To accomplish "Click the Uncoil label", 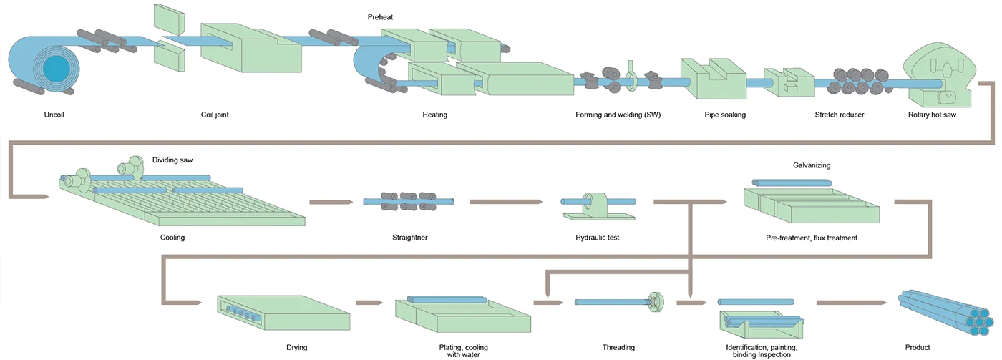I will (x=54, y=115).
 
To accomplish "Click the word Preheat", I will (x=380, y=16).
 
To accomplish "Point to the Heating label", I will (x=435, y=115).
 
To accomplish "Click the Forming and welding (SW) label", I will (x=618, y=115).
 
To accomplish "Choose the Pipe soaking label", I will (x=724, y=115).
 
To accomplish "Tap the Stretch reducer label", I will (x=840, y=115).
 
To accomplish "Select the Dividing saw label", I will (x=172, y=160).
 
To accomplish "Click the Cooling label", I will (x=172, y=238).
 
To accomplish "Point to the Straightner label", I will (x=410, y=238).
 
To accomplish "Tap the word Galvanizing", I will (x=812, y=165).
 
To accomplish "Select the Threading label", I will (x=618, y=348).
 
